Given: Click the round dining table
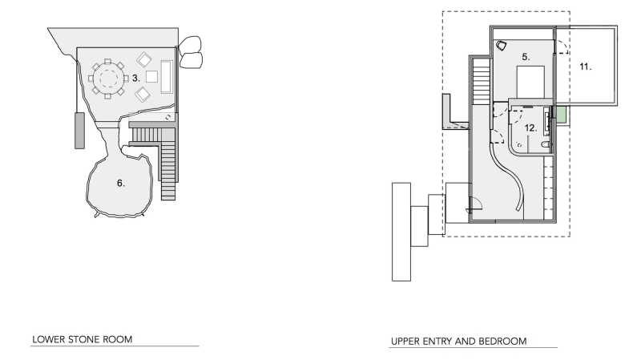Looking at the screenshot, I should coord(109,79).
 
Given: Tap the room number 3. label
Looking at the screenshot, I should coord(137,78).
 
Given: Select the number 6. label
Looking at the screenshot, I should coord(121,184).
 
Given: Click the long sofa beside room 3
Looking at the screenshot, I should coord(167,77).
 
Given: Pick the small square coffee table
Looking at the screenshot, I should coord(150,78).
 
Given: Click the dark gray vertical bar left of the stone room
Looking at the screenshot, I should coord(79,131).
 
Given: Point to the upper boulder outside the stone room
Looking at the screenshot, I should coord(191,44).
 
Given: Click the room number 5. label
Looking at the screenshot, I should coord(526,57).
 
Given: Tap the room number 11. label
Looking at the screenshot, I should coord(586,67).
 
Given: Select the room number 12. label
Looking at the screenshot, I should coord(530,127).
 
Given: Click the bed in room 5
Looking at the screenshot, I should coord(530,83).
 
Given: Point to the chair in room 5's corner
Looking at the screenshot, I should coord(502,46).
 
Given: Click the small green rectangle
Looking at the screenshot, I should coord(562,115).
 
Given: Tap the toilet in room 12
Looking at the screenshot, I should coord(545,144).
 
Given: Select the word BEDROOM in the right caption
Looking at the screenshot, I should coord(502,342).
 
